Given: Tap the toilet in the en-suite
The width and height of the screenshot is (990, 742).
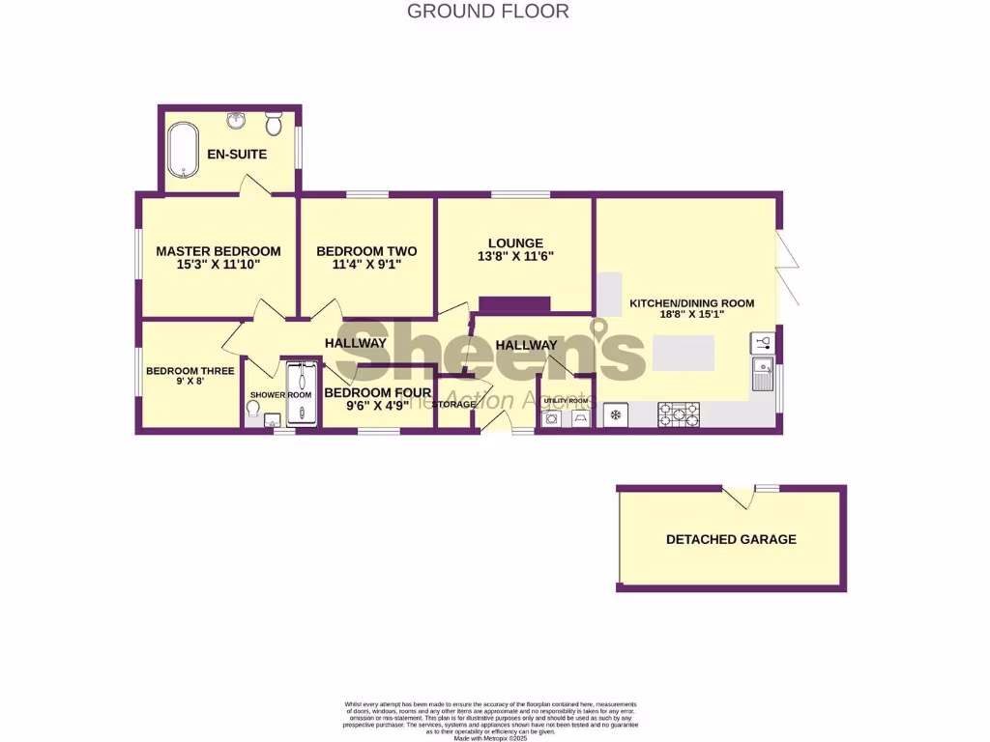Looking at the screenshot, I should pyautogui.click(x=274, y=125).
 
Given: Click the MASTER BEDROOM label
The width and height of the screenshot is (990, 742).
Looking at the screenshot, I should pyautogui.click(x=218, y=251).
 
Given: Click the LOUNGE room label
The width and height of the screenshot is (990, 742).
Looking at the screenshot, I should pyautogui.click(x=515, y=243).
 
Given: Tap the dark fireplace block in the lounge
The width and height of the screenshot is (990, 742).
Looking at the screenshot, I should pyautogui.click(x=514, y=304).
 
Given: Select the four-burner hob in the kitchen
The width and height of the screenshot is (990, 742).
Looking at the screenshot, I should pyautogui.click(x=679, y=414).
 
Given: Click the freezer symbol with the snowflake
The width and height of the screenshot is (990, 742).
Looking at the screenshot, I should pyautogui.click(x=614, y=415).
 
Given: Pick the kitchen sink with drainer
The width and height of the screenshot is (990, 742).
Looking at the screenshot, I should pyautogui.click(x=763, y=373).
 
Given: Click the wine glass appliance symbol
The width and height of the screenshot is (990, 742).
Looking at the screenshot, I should pyautogui.click(x=761, y=343).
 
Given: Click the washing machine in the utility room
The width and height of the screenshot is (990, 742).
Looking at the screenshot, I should pyautogui.click(x=552, y=419).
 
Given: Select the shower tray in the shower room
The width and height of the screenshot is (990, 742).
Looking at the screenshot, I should pyautogui.click(x=300, y=393).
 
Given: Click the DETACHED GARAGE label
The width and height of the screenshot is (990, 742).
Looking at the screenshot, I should pyautogui.click(x=731, y=539).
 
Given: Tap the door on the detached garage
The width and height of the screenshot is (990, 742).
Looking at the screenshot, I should pyautogui.click(x=739, y=497).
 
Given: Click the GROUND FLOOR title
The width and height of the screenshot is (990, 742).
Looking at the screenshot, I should pyautogui.click(x=487, y=12).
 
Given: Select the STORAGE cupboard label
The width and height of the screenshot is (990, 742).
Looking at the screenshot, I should pyautogui.click(x=454, y=404).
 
